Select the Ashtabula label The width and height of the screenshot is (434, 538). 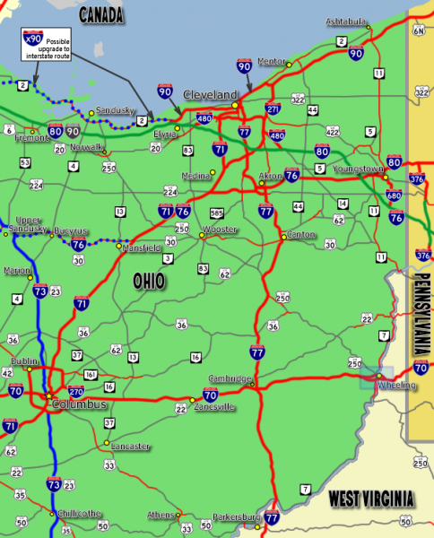(346, 21)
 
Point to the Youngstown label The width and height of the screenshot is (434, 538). (357, 169)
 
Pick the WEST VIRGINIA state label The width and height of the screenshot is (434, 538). (370, 499)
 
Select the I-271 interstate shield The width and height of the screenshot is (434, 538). (273, 109)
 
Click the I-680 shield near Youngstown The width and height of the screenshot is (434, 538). (393, 195)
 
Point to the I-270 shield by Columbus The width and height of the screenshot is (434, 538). (76, 392)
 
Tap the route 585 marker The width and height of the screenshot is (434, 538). (215, 213)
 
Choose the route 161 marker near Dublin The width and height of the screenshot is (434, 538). (90, 374)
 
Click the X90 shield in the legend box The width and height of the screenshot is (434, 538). (32, 40)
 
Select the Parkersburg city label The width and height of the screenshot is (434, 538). (236, 517)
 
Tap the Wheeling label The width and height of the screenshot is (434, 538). (396, 386)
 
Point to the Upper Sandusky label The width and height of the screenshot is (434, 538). (26, 225)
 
